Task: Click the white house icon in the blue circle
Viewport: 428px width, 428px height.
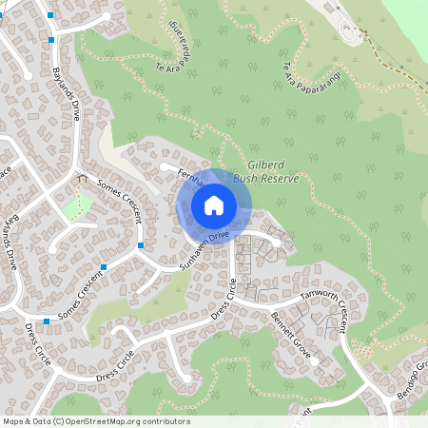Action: coord(214,204)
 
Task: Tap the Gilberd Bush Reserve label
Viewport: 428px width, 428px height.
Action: coord(267,171)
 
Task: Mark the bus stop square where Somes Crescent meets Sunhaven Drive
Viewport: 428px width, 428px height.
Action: coord(141,245)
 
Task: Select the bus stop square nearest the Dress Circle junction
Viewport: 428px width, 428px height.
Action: coord(46,321)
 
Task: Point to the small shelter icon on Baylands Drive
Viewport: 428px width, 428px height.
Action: coord(83,178)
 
